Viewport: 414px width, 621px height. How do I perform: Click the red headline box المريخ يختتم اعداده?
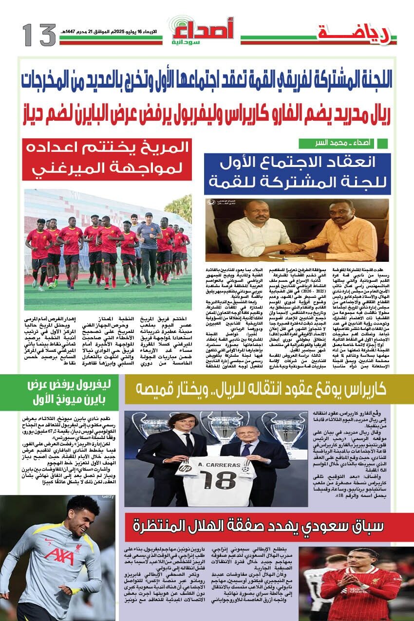[x=107, y=160]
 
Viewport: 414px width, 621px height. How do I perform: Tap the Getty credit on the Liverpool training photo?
[x=107, y=497]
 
